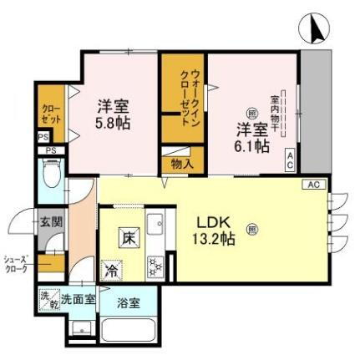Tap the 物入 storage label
tap(182, 165)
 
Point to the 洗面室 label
tap(77, 298)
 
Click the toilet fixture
tap(50, 176)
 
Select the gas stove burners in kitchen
tap(155, 266)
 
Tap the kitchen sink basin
tap(155, 223)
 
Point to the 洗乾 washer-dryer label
tap(46, 298)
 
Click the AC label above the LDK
tap(313, 185)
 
